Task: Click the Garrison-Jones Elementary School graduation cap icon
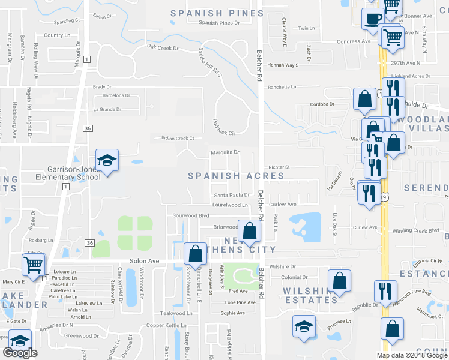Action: [x=107, y=160]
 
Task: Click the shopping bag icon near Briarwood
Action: [x=249, y=230]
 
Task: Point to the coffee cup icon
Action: [x=372, y=19]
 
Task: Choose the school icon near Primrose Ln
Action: [x=304, y=327]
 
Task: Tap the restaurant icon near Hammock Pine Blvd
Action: [x=385, y=291]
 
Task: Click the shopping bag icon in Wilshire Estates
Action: [x=339, y=280]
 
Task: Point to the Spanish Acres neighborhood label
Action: [x=236, y=176]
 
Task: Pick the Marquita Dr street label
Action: [x=224, y=152]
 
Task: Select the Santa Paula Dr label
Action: [x=232, y=195]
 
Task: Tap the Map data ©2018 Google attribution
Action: [x=412, y=355]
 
